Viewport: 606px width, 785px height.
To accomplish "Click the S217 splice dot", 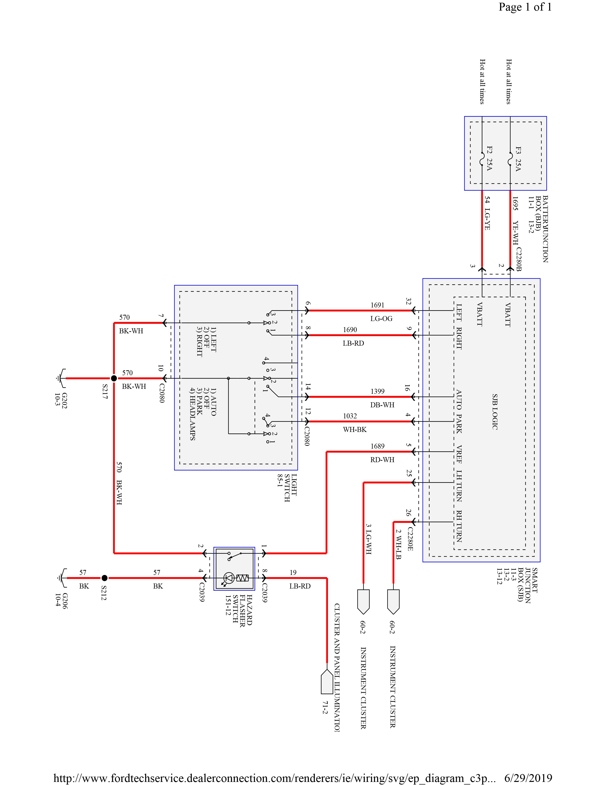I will point(114,378).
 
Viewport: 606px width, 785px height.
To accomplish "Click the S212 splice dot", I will point(104,578).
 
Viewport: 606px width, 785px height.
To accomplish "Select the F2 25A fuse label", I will point(489,158).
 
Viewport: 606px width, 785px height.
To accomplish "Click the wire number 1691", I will point(377,305).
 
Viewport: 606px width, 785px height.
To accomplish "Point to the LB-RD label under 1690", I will point(353,343).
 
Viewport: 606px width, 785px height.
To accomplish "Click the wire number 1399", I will point(377,391).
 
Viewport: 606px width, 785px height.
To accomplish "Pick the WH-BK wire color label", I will point(355,430).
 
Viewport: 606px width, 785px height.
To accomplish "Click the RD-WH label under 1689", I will point(382,460).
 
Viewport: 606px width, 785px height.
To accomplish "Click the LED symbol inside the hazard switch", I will point(228,578).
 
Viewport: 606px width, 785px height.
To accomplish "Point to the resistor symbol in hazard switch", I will point(243,578).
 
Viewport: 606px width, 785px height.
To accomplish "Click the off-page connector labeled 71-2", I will point(327,681).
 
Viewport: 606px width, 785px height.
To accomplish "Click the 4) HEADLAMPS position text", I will point(192,419).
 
